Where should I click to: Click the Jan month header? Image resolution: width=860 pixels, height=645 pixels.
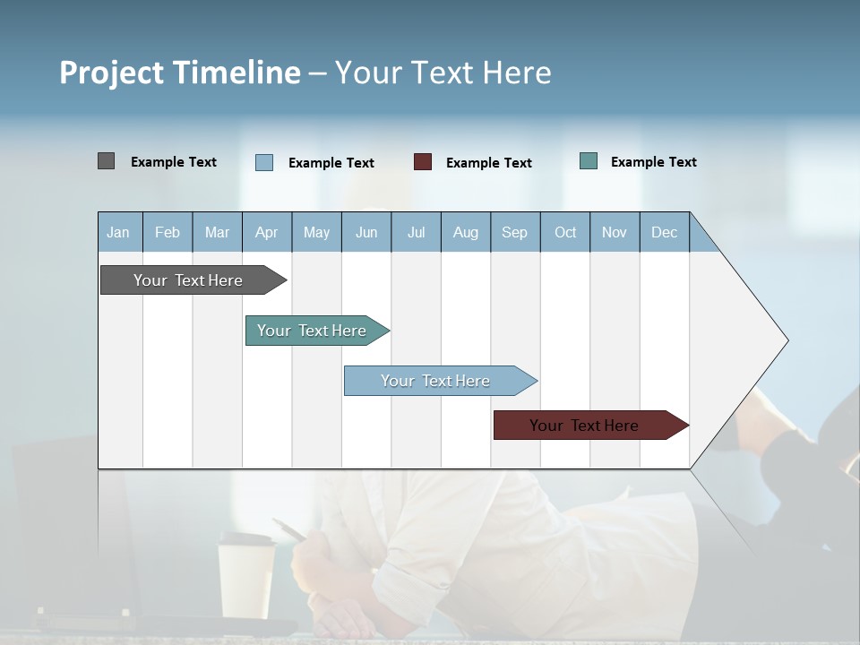(x=118, y=232)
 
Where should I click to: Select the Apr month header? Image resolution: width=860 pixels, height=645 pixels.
(x=267, y=232)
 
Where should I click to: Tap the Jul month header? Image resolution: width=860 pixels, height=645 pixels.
(x=416, y=232)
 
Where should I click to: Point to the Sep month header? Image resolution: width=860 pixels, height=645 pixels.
(x=514, y=232)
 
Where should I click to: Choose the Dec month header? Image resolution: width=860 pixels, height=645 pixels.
(x=664, y=232)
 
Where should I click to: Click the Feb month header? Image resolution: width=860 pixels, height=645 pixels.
(x=168, y=232)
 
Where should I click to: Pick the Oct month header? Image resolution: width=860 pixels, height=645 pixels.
(x=565, y=232)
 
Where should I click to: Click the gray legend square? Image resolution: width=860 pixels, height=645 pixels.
(x=106, y=161)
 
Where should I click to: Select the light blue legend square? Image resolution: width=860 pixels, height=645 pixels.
(x=264, y=162)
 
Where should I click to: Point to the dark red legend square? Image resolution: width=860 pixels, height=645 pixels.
(x=423, y=162)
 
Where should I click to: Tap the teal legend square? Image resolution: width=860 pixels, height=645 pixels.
(x=589, y=161)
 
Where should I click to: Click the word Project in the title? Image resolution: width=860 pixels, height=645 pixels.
(x=111, y=73)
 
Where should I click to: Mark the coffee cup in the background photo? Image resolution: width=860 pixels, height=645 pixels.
(x=246, y=573)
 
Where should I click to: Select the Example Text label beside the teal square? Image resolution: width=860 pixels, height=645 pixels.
(x=653, y=162)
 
